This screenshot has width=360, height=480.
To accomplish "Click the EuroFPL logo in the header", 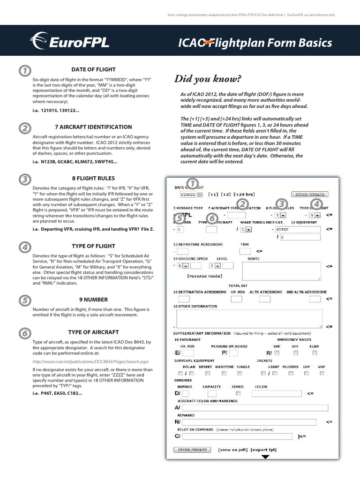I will point(70,43).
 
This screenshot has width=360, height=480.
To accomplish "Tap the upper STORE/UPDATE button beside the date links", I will point(310,194).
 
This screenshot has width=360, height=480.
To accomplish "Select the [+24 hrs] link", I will point(245,194).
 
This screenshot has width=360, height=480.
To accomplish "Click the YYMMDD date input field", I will point(187,194).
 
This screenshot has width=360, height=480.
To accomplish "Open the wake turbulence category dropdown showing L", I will point(246,229).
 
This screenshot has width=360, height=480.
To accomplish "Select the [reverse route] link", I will point(205,276).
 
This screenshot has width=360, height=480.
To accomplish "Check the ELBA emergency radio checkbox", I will point(315,352).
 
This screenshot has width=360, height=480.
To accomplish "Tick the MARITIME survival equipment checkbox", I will point(224,373).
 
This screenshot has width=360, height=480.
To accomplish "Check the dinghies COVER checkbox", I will point(239,393).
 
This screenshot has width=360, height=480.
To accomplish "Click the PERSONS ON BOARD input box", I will point(233,352).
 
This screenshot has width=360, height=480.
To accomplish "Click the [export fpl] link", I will point(263,450).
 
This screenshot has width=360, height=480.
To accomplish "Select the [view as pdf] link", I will point(233,450).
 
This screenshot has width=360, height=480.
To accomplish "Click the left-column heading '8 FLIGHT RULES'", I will point(93,178).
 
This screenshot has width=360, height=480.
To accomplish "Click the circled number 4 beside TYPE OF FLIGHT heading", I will point(24,247).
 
